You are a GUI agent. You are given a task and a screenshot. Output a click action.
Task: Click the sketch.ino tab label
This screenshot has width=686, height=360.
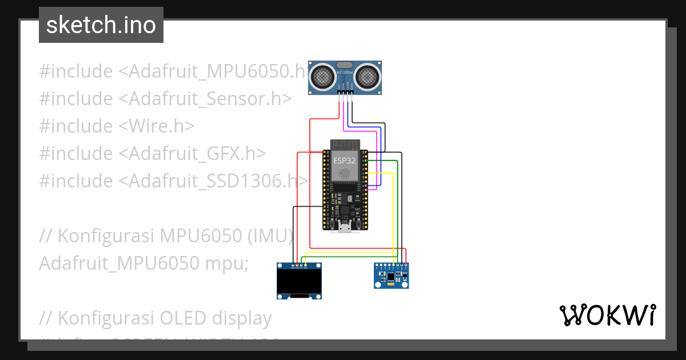pyautogui.click(x=101, y=25)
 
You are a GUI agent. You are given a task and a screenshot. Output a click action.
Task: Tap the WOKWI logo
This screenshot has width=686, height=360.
pyautogui.click(x=607, y=315)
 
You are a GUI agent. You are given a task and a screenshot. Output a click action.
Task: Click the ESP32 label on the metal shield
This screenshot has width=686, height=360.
pyautogui.click(x=345, y=161)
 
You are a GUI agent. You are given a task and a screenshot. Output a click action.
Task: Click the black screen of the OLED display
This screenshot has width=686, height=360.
pyautogui.click(x=299, y=281)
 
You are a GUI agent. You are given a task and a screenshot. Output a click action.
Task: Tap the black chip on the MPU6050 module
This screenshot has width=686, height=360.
pyautogui.click(x=390, y=277)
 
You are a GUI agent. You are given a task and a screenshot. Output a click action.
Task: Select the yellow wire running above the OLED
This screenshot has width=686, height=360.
pyautogui.click(x=349, y=252)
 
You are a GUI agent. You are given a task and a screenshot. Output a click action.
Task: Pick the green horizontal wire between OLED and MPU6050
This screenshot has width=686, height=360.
pyautogui.click(x=349, y=258)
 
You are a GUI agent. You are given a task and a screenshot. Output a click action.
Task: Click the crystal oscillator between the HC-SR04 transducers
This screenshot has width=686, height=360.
pyautogui.click(x=345, y=66)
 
